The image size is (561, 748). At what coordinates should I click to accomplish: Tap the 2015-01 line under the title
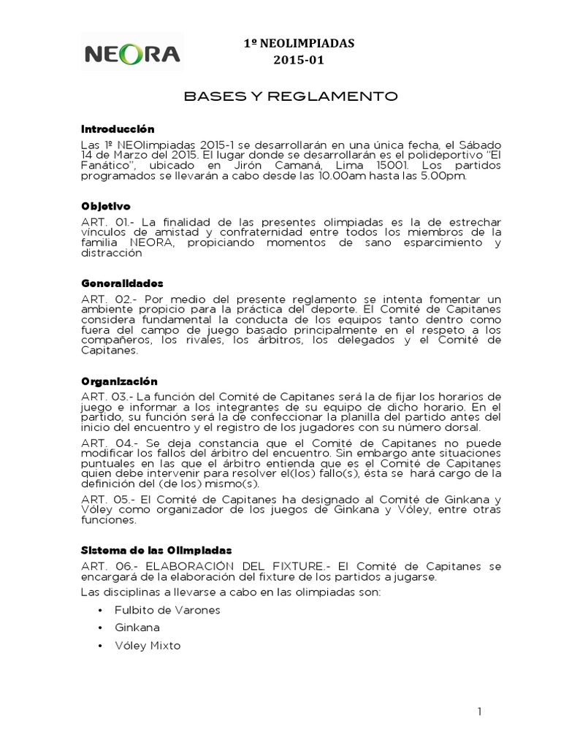(x=297, y=61)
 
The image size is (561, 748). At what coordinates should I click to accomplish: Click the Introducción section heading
(x=118, y=129)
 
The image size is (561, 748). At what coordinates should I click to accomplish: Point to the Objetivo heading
(x=105, y=207)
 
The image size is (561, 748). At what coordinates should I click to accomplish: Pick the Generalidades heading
(x=122, y=283)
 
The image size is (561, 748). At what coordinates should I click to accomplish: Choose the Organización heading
(x=119, y=381)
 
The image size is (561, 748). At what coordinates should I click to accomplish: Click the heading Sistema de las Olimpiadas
(x=156, y=548)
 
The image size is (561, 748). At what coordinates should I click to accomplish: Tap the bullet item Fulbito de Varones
(x=167, y=610)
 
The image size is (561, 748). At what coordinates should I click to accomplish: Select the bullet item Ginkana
(x=137, y=627)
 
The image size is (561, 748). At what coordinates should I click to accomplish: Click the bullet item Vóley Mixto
(x=148, y=646)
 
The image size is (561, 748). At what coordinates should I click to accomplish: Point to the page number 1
(x=479, y=711)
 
